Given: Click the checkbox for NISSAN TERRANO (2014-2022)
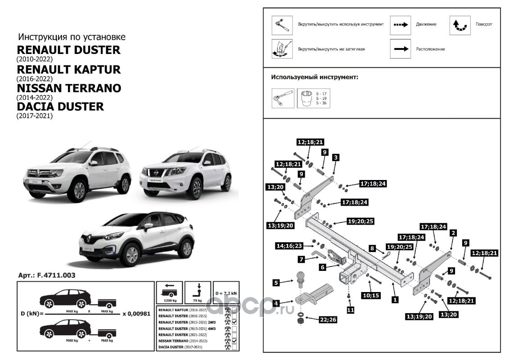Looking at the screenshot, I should coord(234,342).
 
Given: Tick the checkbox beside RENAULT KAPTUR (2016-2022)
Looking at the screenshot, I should coord(234,310).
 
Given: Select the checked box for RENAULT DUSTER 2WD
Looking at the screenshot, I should coord(234,323).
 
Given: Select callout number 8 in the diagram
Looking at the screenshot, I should coord(372,248).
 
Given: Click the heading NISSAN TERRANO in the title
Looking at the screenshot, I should coord(68,88).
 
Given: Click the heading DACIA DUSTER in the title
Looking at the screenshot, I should coord(60,107).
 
